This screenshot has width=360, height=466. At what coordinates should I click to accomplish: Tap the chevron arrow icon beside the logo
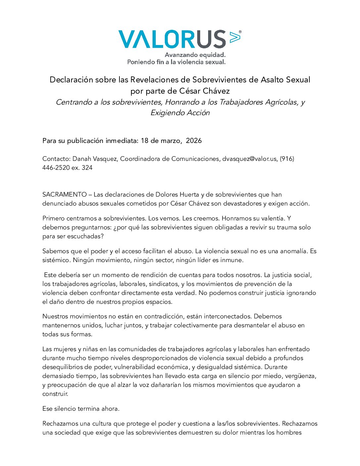tap(234, 37)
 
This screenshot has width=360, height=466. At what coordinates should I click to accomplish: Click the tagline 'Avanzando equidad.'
tap(195, 55)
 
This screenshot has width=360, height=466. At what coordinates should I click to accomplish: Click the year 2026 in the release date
tap(194, 141)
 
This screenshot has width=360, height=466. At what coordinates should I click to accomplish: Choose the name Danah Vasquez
tap(95, 159)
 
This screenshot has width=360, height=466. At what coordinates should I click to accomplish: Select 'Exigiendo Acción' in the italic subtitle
tap(180, 113)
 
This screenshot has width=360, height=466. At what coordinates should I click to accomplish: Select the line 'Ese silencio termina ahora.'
tap(81, 409)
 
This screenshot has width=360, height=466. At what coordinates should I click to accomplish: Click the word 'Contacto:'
tap(56, 159)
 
